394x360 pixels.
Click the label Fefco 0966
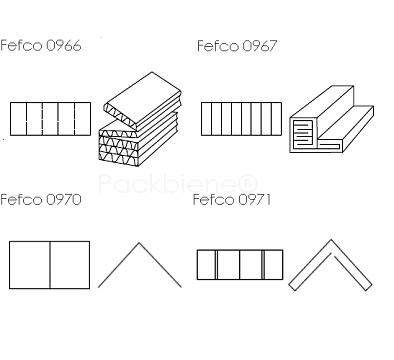pyautogui.click(x=41, y=46)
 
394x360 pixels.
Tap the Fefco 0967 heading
pyautogui.click(x=237, y=46)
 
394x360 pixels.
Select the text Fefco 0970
pyautogui.click(x=41, y=200)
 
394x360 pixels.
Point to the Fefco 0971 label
pyautogui.click(x=232, y=200)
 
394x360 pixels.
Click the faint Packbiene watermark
pyautogui.click(x=178, y=183)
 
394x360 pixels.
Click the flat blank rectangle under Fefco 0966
pyautogui.click(x=50, y=119)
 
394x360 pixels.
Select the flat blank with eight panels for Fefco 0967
pyautogui.click(x=241, y=119)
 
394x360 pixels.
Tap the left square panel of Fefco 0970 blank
pyautogui.click(x=29, y=265)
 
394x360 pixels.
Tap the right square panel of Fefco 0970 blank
pyautogui.click(x=70, y=265)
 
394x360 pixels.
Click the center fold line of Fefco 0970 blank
pyautogui.click(x=50, y=265)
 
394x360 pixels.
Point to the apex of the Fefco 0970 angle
pyautogui.click(x=139, y=243)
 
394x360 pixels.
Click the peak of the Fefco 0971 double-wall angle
pyautogui.click(x=331, y=240)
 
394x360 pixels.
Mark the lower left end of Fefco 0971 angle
pyautogui.click(x=291, y=287)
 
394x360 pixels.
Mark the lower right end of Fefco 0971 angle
pyautogui.click(x=369, y=287)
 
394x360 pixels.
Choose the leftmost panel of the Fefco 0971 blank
pyautogui.click(x=206, y=265)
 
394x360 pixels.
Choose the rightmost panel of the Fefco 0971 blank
pyautogui.click(x=274, y=265)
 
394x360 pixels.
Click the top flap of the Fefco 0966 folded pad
pyautogui.click(x=142, y=100)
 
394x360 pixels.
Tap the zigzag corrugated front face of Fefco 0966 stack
pyautogui.click(x=119, y=148)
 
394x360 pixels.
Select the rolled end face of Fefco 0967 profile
pyautogui.click(x=303, y=134)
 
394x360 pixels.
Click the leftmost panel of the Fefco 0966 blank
pyautogui.click(x=18, y=119)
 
